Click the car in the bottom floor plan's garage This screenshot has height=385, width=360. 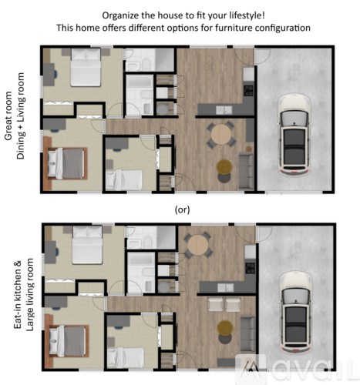[x=295, y=309]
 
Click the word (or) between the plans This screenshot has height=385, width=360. [x=183, y=209]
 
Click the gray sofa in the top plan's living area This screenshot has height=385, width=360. [x=246, y=166]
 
